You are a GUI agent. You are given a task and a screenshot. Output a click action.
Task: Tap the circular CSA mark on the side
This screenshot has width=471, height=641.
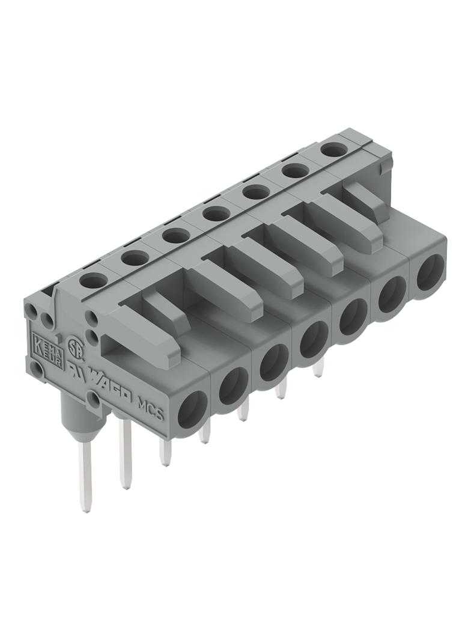click(x=74, y=348)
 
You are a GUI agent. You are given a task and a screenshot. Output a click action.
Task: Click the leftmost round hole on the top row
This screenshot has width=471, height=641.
click(x=93, y=280)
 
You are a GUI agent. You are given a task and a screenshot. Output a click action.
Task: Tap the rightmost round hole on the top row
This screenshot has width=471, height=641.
click(x=332, y=149)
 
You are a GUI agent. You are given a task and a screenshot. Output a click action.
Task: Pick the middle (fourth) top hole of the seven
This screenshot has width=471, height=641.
click(x=216, y=213)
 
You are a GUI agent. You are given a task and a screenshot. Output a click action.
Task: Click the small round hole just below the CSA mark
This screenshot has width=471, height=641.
click(x=93, y=399)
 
